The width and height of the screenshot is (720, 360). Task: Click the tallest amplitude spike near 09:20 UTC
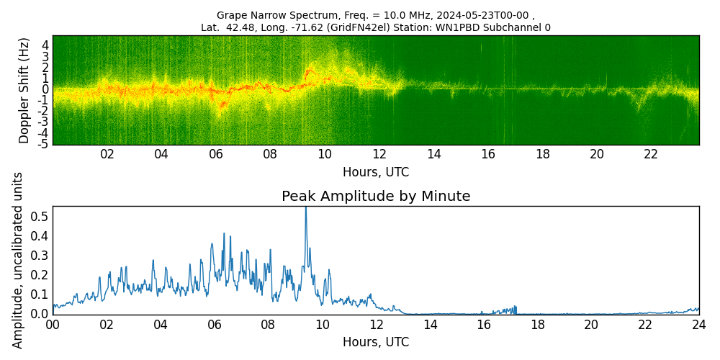(305, 210)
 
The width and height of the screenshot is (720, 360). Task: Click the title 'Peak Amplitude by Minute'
(376, 197)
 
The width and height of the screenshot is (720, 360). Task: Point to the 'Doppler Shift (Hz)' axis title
(24, 90)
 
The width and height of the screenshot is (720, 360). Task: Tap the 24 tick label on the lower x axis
(698, 325)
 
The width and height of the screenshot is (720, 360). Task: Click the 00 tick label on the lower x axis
(53, 325)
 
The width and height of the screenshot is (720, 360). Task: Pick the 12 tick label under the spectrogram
(379, 154)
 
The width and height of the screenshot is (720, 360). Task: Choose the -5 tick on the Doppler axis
(44, 144)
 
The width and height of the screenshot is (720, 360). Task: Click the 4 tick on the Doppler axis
(45, 45)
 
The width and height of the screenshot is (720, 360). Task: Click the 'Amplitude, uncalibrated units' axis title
(18, 260)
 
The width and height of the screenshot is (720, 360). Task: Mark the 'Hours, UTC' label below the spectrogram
(376, 172)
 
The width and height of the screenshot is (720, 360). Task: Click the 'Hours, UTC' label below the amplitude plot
(376, 342)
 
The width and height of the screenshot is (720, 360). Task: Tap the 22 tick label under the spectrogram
(651, 154)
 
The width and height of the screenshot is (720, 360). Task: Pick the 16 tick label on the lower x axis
(483, 325)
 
